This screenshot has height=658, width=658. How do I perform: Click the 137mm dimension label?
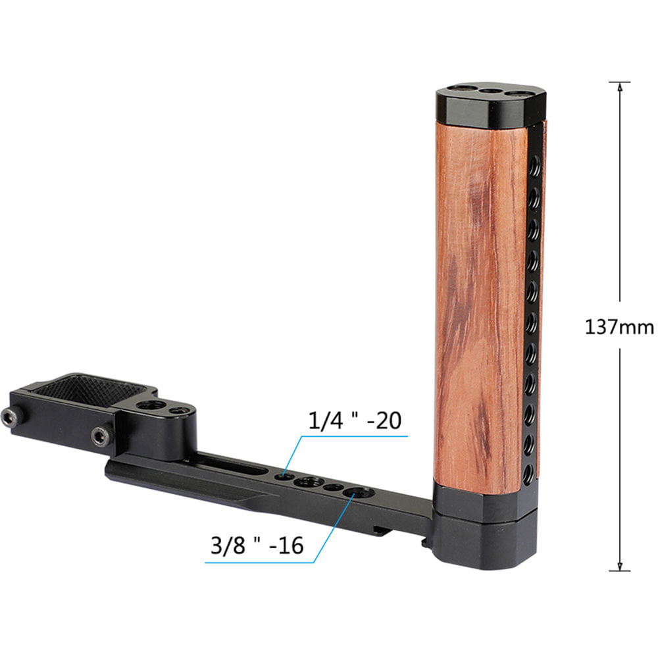click(619, 326)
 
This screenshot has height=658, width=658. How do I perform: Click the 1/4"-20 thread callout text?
click(355, 420)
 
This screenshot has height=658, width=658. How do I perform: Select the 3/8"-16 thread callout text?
click(257, 545)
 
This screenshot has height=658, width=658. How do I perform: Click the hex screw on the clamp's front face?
click(99, 434)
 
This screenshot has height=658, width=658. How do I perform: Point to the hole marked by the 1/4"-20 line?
click(284, 474)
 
